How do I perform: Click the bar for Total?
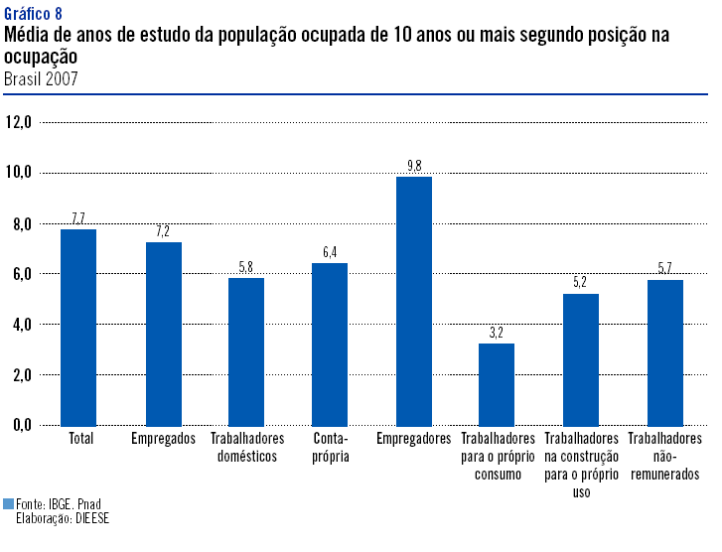pyautogui.click(x=78, y=328)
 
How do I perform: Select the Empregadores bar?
pyautogui.click(x=414, y=301)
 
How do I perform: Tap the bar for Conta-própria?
pyautogui.click(x=330, y=344)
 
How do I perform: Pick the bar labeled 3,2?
pyautogui.click(x=497, y=384)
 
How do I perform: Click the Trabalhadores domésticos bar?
pyautogui.click(x=246, y=351)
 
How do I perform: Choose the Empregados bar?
pyautogui.click(x=164, y=334)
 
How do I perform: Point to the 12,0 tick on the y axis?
pyautogui.click(x=19, y=122)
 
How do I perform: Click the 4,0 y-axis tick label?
pyautogui.click(x=19, y=325)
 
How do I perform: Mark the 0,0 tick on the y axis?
pyautogui.click(x=19, y=425)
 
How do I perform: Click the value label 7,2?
pyautogui.click(x=163, y=231)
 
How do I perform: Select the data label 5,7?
pyautogui.click(x=664, y=269)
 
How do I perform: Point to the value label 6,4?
pyautogui.click(x=330, y=252)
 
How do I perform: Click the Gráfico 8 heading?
pyautogui.click(x=33, y=13)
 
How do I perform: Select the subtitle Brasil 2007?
pyautogui.click(x=41, y=77)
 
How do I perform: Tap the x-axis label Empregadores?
pyautogui.click(x=414, y=439)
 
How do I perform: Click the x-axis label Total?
pyautogui.click(x=79, y=439)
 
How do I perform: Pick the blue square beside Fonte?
pyautogui.click(x=9, y=504)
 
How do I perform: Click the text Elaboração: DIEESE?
pyautogui.click(x=61, y=518)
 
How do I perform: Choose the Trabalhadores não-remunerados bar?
pyautogui.click(x=664, y=352)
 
